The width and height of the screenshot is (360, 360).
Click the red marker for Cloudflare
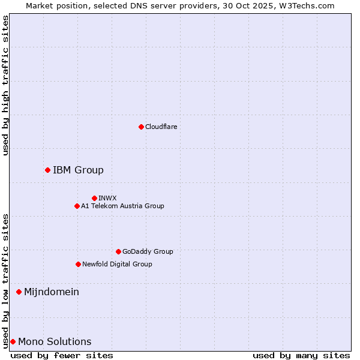pyautogui.click(x=141, y=127)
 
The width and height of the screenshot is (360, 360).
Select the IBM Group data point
pyautogui.click(x=47, y=170)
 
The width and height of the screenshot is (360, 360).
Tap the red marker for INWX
pyautogui.click(x=94, y=198)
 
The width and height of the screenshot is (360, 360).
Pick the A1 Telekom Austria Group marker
pyautogui.click(x=77, y=206)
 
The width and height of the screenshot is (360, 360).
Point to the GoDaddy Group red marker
pyautogui.click(x=118, y=251)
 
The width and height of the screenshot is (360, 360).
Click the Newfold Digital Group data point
pyautogui.click(x=78, y=264)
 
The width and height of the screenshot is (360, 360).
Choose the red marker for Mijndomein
pyautogui.click(x=19, y=292)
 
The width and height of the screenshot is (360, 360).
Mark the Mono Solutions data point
pyautogui.click(x=13, y=341)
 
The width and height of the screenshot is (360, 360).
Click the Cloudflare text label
pyautogui.click(x=161, y=127)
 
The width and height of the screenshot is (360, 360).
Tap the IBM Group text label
pyautogui.click(x=78, y=170)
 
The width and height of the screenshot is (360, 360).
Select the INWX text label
pyautogui.click(x=107, y=198)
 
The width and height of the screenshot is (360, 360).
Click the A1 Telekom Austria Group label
pyautogui.click(x=122, y=206)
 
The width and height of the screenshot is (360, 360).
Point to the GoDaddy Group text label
pyautogui.click(x=148, y=251)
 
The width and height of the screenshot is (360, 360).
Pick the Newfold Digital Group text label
pyautogui.click(x=117, y=264)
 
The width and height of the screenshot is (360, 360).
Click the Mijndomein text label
pyautogui.click(x=52, y=292)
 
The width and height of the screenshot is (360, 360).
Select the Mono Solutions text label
pyautogui.click(x=55, y=341)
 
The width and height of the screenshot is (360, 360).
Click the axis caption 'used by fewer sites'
pyautogui.click(x=62, y=355)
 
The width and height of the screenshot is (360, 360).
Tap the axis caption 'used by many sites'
pyautogui.click(x=301, y=355)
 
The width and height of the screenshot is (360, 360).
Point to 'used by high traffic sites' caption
pyautogui.click(x=5, y=86)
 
